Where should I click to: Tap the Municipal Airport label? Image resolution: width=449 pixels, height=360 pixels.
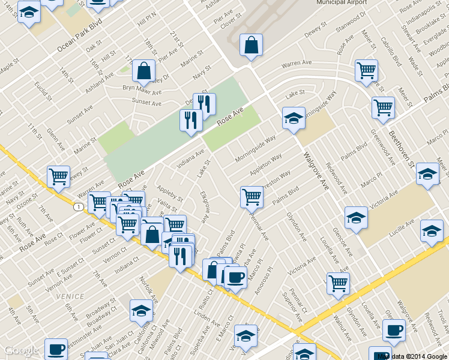pos(342,2)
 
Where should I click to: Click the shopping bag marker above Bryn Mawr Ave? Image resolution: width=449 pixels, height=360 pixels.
pos(144,72)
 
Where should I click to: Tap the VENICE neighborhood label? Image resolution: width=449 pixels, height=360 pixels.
pos(70,297)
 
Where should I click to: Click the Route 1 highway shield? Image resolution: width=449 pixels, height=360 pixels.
pos(79,206)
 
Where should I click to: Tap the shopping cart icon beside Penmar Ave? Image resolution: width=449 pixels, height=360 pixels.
pos(252,196)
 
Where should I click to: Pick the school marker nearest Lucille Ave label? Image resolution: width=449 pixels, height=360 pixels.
pos(432,230)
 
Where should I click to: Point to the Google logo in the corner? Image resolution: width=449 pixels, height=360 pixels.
pos(22,351)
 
